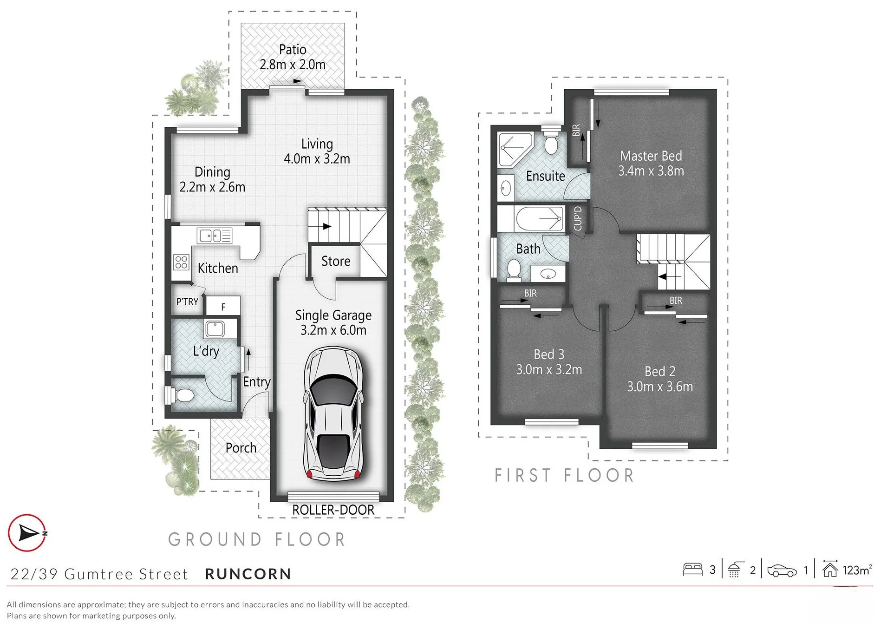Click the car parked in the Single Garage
(333, 413)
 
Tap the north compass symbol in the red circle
(27, 533)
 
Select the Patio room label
(293, 49)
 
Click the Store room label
(336, 261)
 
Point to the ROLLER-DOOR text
(333, 510)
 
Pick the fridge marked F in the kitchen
(223, 306)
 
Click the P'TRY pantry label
(187, 302)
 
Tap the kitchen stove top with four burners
(181, 262)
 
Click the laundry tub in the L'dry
(215, 329)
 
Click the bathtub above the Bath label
(539, 218)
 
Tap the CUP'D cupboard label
(578, 218)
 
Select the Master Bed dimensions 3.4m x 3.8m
(651, 171)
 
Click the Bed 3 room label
(549, 354)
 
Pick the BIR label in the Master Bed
(576, 130)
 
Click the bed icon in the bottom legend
(692, 570)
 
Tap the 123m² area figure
(857, 570)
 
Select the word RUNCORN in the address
(248, 574)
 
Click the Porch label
(241, 448)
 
